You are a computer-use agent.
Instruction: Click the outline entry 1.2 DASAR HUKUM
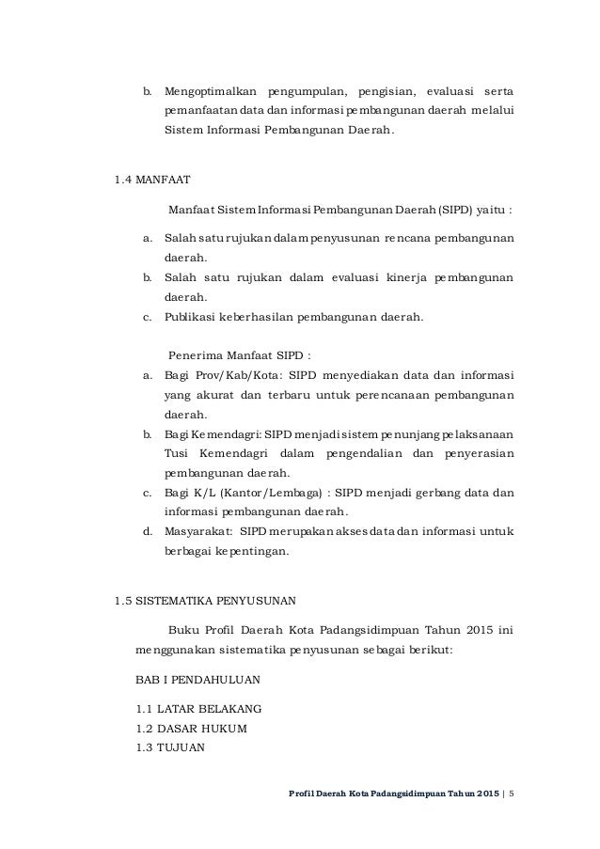[192, 728]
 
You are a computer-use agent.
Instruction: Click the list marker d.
[147, 532]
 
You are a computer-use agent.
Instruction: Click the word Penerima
[194, 356]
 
